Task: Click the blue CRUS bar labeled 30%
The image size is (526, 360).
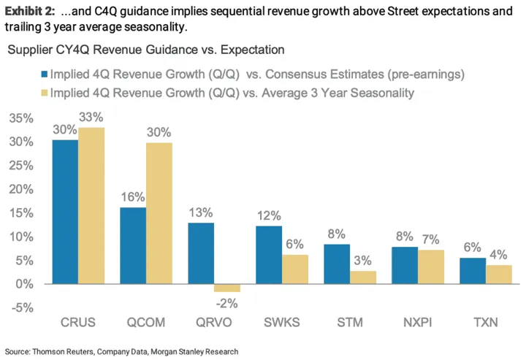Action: tap(65, 212)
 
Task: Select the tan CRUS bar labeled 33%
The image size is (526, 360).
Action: tap(92, 206)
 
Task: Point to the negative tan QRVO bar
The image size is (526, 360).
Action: tap(227, 288)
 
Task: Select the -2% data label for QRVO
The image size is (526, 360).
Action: tap(228, 304)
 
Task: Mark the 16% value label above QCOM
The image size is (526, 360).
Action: tap(132, 196)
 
